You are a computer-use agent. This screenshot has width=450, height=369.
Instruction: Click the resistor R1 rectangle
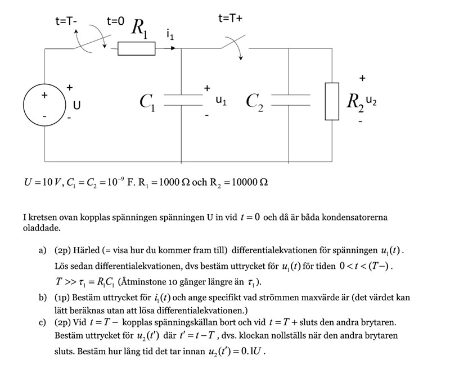[136, 49]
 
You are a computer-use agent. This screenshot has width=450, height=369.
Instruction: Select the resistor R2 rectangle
[332, 102]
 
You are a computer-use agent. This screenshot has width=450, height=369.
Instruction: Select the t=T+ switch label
[231, 19]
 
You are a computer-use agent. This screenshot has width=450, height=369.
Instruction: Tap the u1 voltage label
[222, 101]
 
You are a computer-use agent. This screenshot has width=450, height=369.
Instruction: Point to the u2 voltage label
[371, 101]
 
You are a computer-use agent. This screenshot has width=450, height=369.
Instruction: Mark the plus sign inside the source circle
[44, 96]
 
